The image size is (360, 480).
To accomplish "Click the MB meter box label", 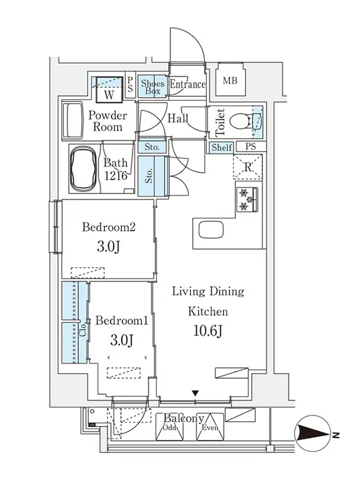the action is click(x=230, y=81).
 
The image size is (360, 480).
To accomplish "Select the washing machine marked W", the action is click(x=109, y=89).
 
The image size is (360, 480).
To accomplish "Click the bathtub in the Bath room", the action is click(x=83, y=169).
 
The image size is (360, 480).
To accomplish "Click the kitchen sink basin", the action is click(x=211, y=230).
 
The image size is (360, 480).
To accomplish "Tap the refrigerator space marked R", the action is click(x=248, y=167).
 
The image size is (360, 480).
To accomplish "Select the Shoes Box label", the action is click(x=152, y=87).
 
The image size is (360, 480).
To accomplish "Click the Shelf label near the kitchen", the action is click(x=221, y=147).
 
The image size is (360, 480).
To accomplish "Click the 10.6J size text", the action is click(x=208, y=331).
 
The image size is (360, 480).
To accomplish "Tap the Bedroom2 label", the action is click(x=109, y=227).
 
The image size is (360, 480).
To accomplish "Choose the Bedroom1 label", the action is click(x=122, y=320).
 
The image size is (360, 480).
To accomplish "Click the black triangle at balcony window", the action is click(x=196, y=393).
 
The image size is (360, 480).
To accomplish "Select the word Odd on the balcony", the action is click(x=170, y=427).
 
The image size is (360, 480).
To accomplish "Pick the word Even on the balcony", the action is click(x=210, y=427).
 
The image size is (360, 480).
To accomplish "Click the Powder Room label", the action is click(x=107, y=121).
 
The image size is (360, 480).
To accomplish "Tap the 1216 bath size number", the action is click(x=116, y=176).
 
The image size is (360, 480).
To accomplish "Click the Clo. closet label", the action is click(x=83, y=329).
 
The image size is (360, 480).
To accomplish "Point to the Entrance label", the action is click(x=187, y=84).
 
